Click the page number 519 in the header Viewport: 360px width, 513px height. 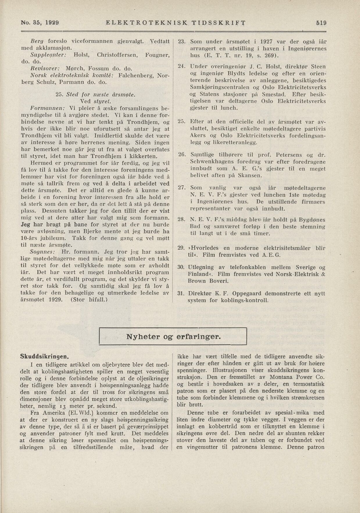click(321, 23)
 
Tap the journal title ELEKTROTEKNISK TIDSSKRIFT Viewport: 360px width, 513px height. click(176, 23)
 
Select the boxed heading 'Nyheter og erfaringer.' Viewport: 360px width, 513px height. click(173, 337)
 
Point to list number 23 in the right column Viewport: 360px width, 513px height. click(182, 42)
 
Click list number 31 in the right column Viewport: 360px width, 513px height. click(182, 293)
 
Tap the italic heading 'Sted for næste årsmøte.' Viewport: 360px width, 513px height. click(101, 95)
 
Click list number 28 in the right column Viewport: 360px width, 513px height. click(182, 220)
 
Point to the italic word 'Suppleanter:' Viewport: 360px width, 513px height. click(49, 55)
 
